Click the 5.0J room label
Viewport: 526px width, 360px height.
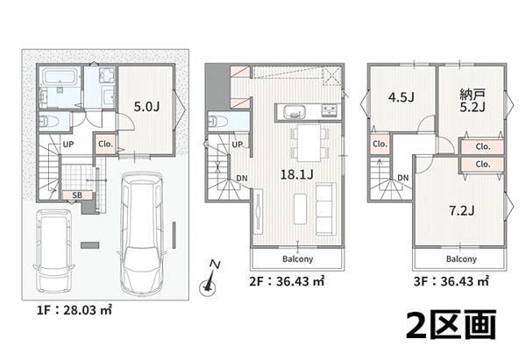point(146,107)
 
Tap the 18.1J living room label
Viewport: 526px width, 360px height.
point(296,174)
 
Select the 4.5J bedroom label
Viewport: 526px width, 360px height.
point(402,97)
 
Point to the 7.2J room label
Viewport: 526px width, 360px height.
point(462,210)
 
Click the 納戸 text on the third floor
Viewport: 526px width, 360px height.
point(473,95)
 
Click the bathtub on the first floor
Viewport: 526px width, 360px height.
point(60,77)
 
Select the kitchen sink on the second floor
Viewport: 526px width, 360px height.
point(295,111)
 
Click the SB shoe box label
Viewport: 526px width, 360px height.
point(77,195)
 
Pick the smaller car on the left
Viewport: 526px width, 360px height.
point(53,251)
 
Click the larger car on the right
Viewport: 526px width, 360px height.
point(141,234)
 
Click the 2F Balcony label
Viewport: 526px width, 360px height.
point(297,258)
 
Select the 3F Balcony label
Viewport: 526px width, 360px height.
point(461,258)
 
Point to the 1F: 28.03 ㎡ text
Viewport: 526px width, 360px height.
point(75,310)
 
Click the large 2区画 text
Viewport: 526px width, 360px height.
point(451,324)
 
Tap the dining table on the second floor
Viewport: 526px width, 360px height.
point(309,143)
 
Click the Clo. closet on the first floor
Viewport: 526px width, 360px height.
point(105,145)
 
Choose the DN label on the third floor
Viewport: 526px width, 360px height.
point(403,178)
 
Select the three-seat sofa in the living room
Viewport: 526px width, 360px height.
point(326,208)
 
